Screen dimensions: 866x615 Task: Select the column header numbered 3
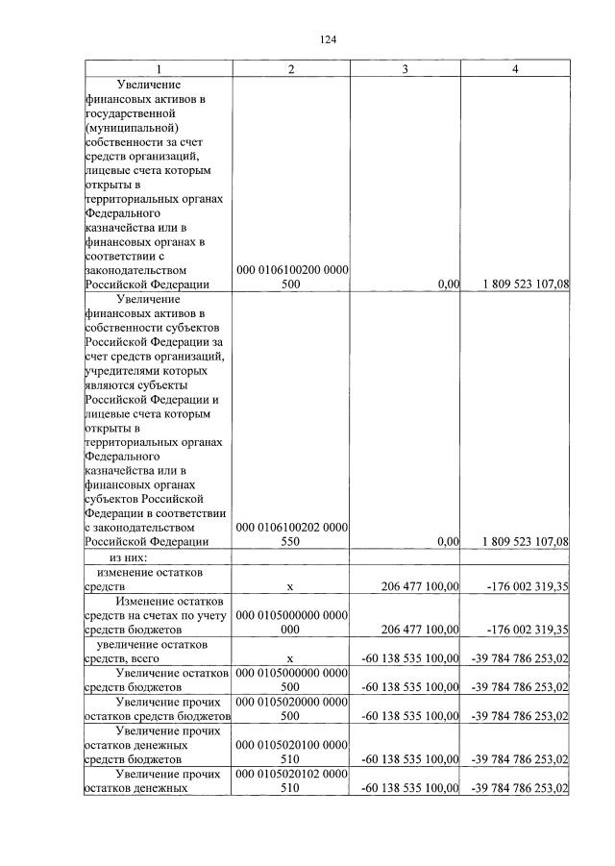click(x=405, y=70)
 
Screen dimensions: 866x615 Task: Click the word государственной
click(x=135, y=113)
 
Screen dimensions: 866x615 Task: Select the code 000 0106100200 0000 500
click(x=291, y=277)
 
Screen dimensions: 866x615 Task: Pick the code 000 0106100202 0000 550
click(x=291, y=534)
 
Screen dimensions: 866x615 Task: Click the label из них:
click(x=128, y=557)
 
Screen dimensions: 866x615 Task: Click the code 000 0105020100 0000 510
click(x=291, y=752)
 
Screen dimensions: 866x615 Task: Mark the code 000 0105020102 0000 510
click(x=291, y=780)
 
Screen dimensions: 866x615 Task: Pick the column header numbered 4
click(x=516, y=70)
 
